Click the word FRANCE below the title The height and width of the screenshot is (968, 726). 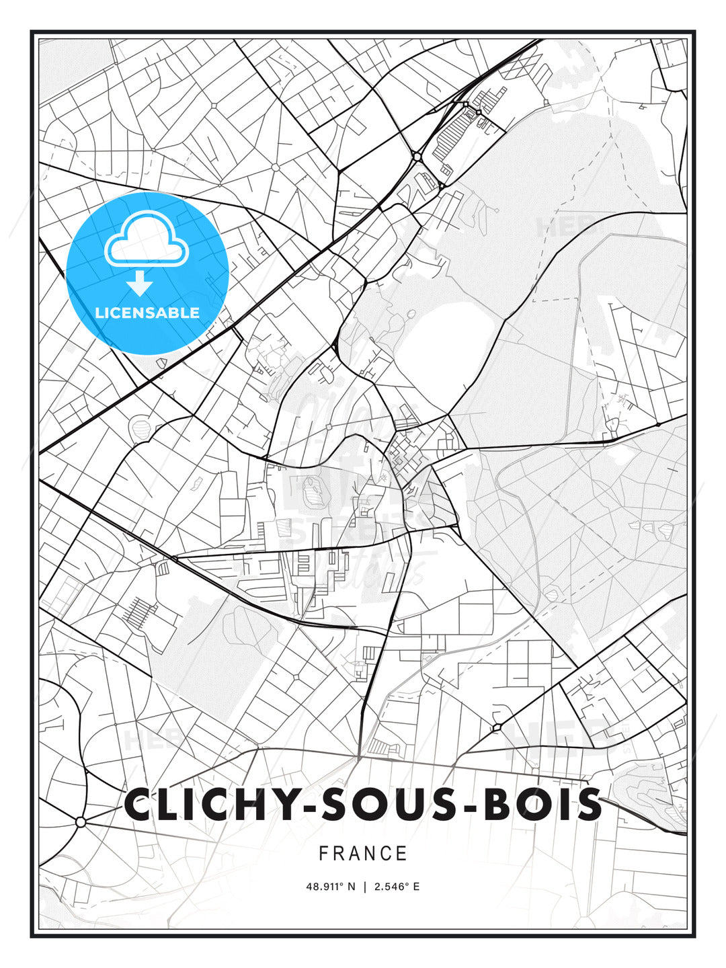[363, 854]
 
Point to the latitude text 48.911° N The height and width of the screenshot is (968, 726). [330, 887]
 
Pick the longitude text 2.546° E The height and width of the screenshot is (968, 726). [397, 887]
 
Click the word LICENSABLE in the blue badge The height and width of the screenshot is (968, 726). [147, 313]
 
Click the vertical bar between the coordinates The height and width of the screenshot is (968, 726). [364, 887]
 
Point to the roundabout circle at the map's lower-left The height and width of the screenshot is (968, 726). [81, 822]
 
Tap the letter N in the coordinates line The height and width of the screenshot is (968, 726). [350, 887]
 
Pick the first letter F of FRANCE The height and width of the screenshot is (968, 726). [323, 854]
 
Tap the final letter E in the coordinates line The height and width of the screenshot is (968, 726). [417, 887]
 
